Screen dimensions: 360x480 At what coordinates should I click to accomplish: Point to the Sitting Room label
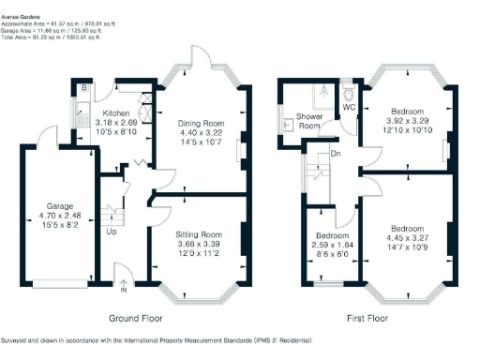[199, 233]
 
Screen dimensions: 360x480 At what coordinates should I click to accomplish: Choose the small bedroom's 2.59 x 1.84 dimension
[333, 244]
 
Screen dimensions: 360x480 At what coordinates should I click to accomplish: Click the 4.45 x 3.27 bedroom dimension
[409, 238]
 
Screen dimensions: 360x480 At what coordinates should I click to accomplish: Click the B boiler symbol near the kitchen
[83, 89]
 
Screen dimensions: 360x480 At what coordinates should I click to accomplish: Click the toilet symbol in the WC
[349, 95]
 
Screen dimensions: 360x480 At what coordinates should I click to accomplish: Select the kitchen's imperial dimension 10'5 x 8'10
[116, 131]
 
